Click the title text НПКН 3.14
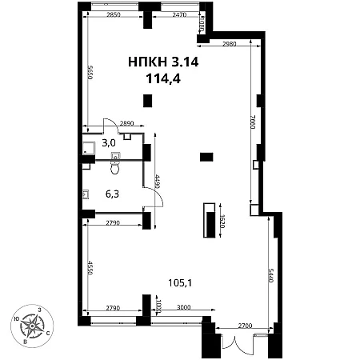coord(163,62)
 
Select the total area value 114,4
coord(163,78)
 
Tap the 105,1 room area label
coord(180,282)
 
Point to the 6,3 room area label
coord(112,194)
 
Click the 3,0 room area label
coord(109,143)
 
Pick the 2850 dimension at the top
coord(114,14)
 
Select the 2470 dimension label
coord(179,14)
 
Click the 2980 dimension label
coord(229,44)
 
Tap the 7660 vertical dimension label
coord(253,122)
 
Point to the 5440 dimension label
coord(271,275)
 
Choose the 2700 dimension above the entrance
coord(245,326)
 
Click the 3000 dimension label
coord(184,307)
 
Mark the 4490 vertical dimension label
coord(158,182)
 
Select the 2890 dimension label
coord(126,123)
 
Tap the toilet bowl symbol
coord(115,167)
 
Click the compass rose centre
coord(32,326)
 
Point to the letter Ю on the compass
coord(16,319)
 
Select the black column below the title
coord(148,101)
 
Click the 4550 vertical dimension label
coord(90,268)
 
